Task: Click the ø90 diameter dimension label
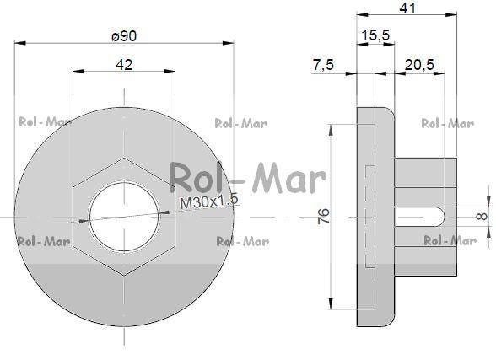pyautogui.click(x=124, y=35)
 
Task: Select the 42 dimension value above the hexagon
pyautogui.click(x=124, y=65)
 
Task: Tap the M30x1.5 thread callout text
pyautogui.click(x=209, y=201)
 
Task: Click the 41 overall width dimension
pyautogui.click(x=407, y=8)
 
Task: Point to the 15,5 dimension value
pyautogui.click(x=375, y=35)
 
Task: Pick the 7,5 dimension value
pyautogui.click(x=323, y=65)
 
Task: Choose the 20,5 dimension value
pyautogui.click(x=419, y=65)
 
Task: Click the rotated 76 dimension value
pyautogui.click(x=323, y=216)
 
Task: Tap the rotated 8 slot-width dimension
pyautogui.click(x=482, y=216)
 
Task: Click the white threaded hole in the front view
pyautogui.click(x=124, y=216)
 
